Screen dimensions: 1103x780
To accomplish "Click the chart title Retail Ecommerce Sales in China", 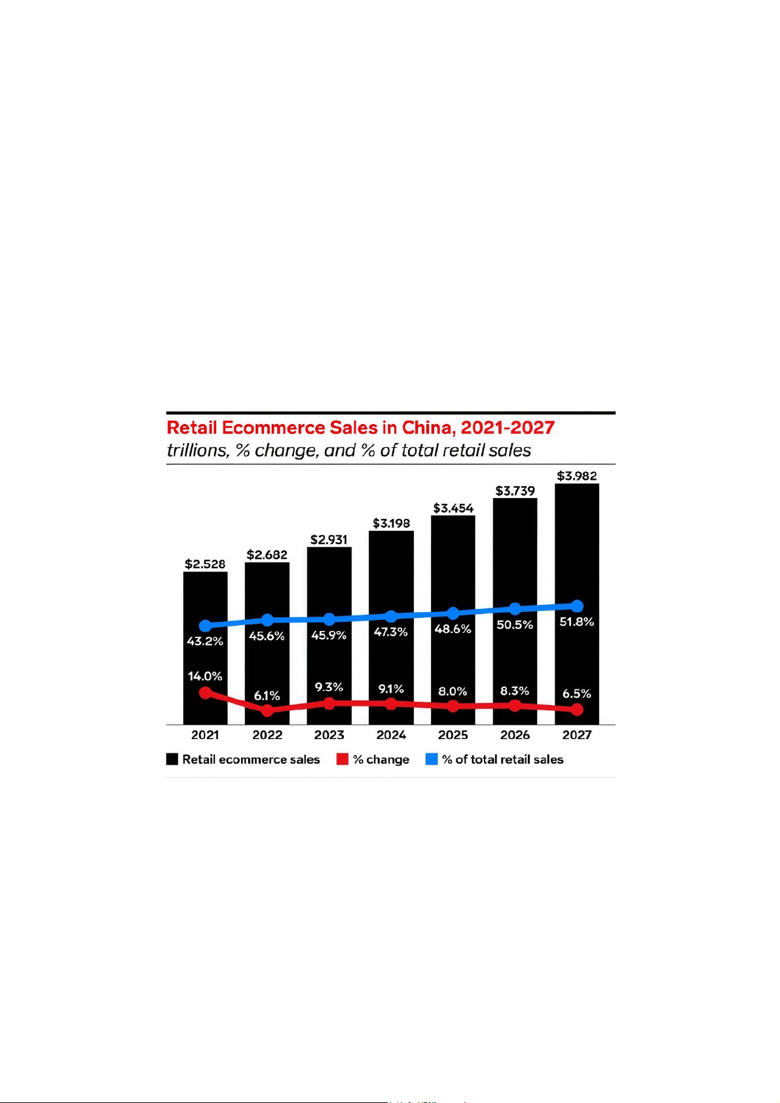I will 360,428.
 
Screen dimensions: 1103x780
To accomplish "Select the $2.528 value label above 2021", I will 205,564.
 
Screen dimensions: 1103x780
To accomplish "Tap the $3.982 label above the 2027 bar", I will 577,476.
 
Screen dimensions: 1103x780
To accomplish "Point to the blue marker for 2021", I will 206,626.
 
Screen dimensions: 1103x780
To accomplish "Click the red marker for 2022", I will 267,710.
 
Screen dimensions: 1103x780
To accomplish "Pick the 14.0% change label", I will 205,676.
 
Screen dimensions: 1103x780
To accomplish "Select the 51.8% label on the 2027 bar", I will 577,622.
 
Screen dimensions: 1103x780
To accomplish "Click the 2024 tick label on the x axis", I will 391,735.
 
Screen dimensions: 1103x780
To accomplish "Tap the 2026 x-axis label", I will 515,735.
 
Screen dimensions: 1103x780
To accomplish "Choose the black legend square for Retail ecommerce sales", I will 172,759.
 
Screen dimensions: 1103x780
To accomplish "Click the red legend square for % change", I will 343,759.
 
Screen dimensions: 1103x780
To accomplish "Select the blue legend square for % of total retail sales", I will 432,759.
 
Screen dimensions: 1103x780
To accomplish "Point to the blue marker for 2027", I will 577,606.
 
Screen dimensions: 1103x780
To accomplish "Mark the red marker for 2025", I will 453,706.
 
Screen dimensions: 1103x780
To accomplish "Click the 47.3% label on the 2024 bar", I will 391,632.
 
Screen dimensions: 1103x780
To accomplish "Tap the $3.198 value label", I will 392,524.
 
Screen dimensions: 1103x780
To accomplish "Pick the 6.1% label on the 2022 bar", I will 267,696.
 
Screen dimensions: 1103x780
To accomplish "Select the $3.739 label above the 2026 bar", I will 515,491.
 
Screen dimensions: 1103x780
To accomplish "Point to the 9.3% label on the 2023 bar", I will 329,687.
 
